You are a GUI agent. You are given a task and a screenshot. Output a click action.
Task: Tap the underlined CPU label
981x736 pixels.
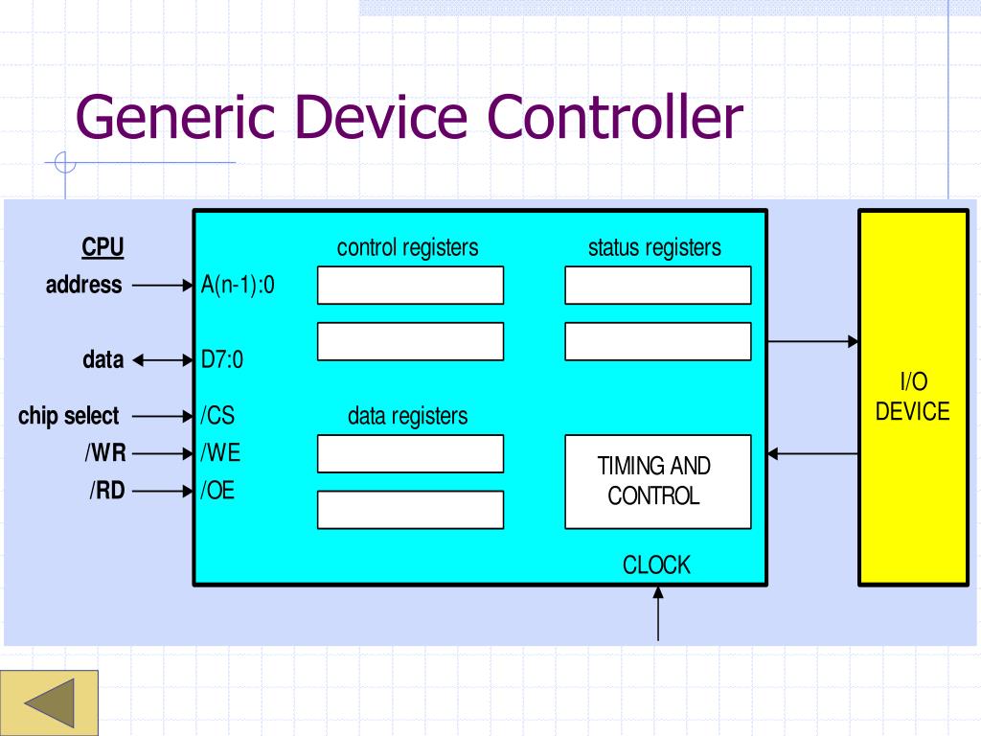pyautogui.click(x=103, y=247)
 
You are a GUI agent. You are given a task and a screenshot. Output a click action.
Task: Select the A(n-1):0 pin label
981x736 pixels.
pyautogui.click(x=238, y=285)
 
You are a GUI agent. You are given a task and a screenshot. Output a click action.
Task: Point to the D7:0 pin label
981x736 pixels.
pyautogui.click(x=222, y=360)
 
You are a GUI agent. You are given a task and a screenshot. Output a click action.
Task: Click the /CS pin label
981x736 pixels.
pyautogui.click(x=217, y=416)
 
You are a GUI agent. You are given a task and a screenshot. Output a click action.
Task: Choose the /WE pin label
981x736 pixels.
pyautogui.click(x=220, y=452)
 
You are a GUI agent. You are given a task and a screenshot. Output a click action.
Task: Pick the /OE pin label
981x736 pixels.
pyautogui.click(x=217, y=491)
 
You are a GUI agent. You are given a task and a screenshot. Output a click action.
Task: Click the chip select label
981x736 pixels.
pyautogui.click(x=68, y=416)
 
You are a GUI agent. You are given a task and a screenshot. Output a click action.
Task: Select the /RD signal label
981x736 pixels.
pyautogui.click(x=107, y=491)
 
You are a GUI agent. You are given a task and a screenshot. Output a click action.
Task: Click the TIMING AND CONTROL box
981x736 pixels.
pyautogui.click(x=657, y=481)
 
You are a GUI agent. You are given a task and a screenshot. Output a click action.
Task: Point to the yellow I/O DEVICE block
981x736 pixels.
pyautogui.click(x=913, y=398)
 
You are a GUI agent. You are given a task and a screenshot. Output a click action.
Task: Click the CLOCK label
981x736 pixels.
pyautogui.click(x=656, y=564)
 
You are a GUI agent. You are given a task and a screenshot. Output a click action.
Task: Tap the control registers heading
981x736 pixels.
pyautogui.click(x=407, y=247)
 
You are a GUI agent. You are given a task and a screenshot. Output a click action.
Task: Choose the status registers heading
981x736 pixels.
pyautogui.click(x=654, y=247)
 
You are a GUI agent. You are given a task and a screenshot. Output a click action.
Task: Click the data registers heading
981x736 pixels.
pyautogui.click(x=407, y=416)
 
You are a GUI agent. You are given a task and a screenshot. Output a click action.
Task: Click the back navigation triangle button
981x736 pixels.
pyautogui.click(x=49, y=702)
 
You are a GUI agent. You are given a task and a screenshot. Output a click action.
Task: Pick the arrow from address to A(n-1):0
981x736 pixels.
pyautogui.click(x=162, y=285)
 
